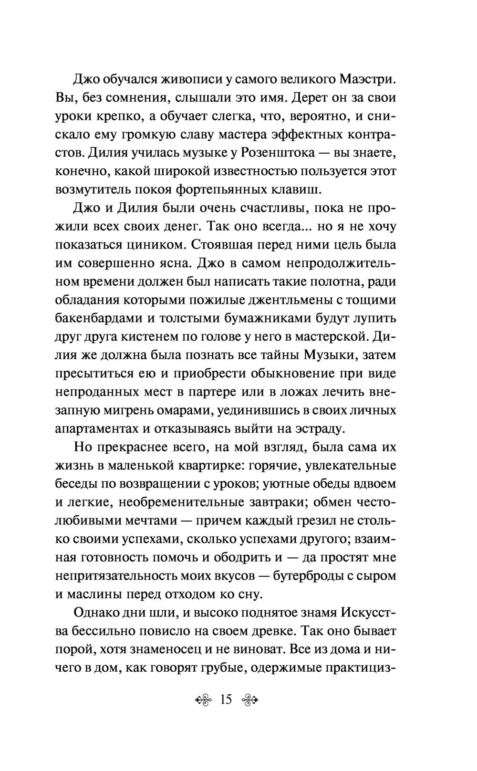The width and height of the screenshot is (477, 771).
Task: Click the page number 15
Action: [226, 700]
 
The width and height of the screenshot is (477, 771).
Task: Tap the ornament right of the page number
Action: [250, 700]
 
